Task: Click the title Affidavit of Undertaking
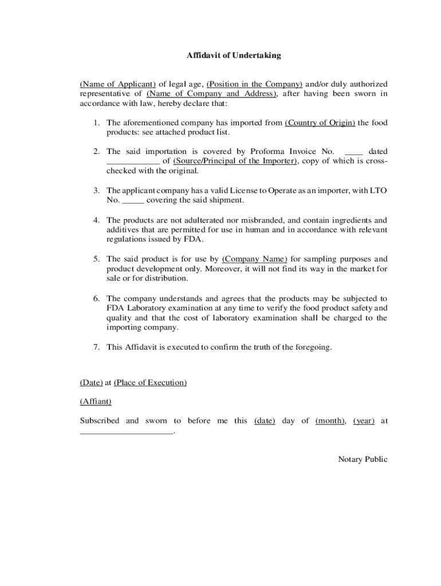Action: pos(234,56)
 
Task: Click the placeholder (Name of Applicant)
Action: pos(118,84)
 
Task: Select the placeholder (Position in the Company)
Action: pos(254,84)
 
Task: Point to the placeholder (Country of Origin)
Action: pos(320,122)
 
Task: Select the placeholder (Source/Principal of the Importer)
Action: pos(235,161)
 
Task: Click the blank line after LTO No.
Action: pos(133,200)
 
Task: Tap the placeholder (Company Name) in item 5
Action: pos(254,259)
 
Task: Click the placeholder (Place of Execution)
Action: pos(150,382)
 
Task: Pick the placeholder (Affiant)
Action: pos(96,402)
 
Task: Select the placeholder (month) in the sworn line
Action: pos(330,421)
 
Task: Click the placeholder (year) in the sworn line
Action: pos(364,421)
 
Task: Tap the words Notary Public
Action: pos(363,459)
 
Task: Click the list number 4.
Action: pos(97,220)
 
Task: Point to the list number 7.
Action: pos(97,347)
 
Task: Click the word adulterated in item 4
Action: pos(192,220)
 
